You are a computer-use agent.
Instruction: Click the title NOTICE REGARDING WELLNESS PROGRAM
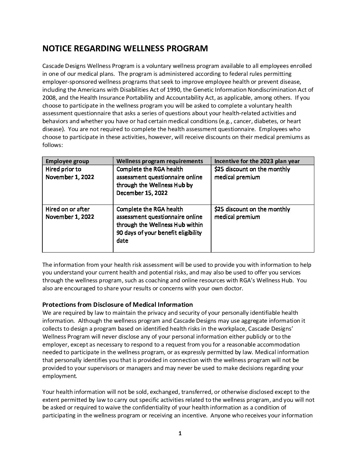(125, 49)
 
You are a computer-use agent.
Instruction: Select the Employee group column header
(67, 161)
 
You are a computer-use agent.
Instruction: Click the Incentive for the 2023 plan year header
(257, 161)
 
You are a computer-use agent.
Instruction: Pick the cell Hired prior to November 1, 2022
(69, 173)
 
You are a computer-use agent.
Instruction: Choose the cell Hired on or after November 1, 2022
(69, 213)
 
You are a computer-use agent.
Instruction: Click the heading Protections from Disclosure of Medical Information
(117, 304)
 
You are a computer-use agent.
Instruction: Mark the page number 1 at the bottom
(180, 433)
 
